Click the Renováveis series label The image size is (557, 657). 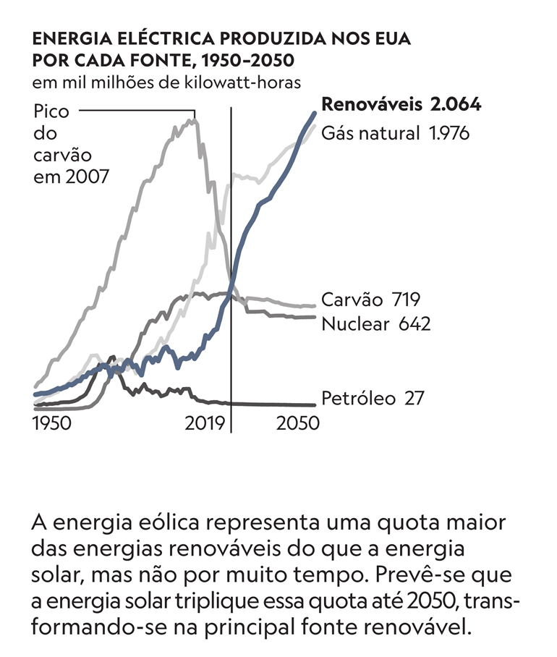(371, 105)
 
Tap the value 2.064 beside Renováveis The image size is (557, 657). (455, 105)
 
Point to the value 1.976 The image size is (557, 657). (448, 133)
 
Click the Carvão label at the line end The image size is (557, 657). (352, 300)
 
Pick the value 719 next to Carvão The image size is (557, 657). (407, 300)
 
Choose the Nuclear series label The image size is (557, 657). (355, 323)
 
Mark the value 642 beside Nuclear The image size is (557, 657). (414, 323)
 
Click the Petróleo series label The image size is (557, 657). (358, 398)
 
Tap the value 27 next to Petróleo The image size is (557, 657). (413, 398)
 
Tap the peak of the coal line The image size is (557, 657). (193, 120)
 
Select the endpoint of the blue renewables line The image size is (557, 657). (315, 112)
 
